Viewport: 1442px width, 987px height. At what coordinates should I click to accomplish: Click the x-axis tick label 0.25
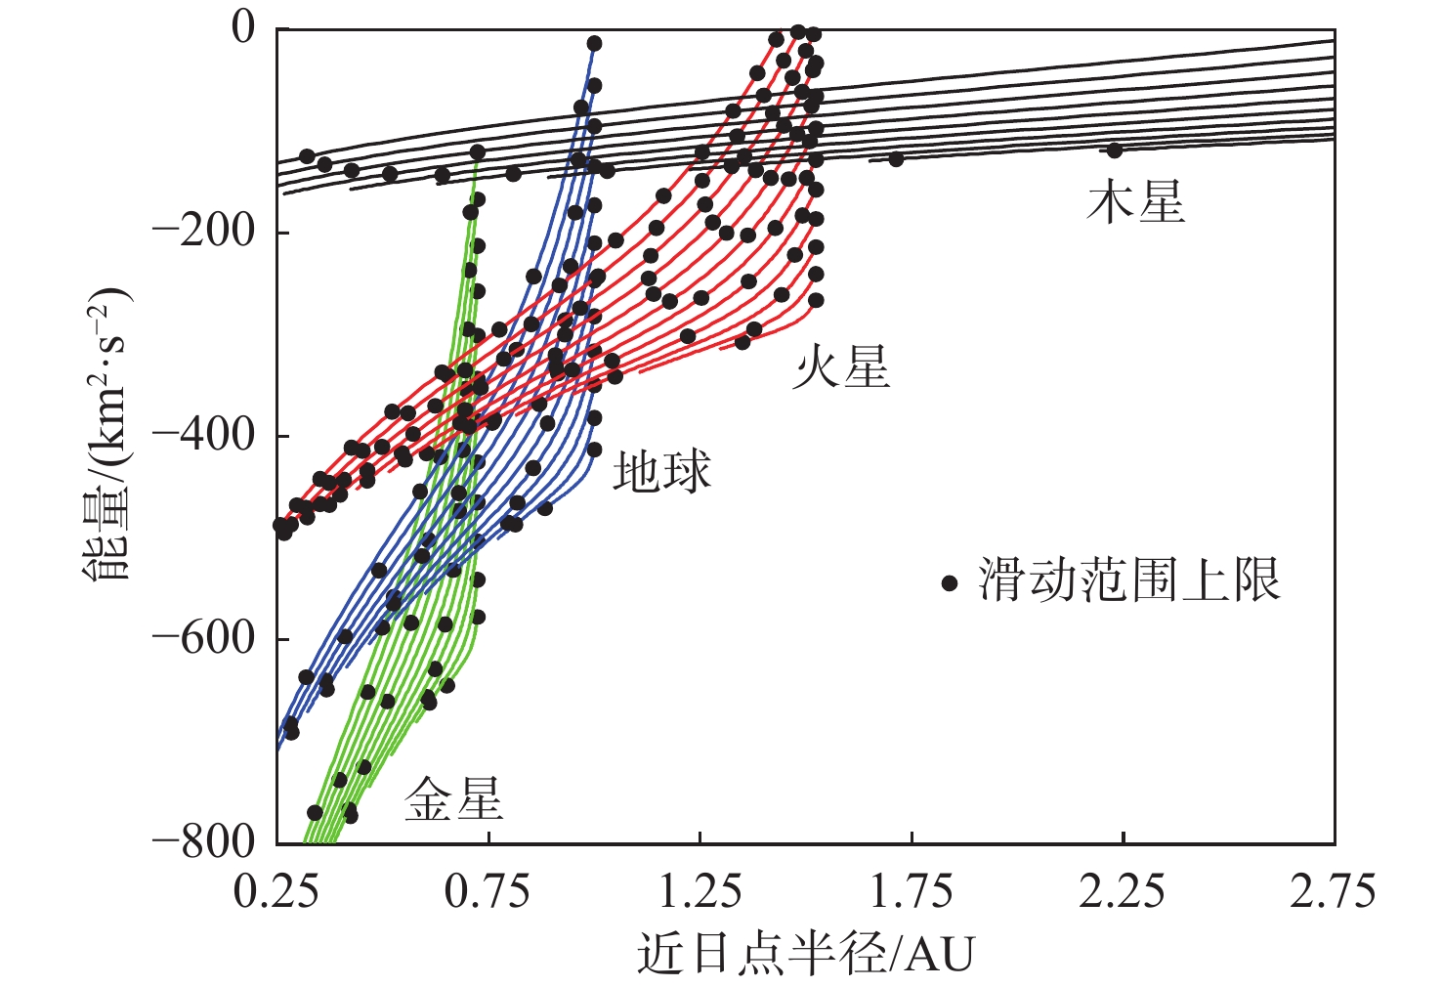pyautogui.click(x=276, y=892)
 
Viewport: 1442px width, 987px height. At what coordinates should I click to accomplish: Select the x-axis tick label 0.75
pyautogui.click(x=488, y=892)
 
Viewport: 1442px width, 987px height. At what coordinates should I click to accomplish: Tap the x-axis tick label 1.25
pyautogui.click(x=700, y=892)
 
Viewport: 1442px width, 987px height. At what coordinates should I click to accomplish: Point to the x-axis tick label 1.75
pyautogui.click(x=911, y=892)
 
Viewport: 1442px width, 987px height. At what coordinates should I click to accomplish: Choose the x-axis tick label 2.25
pyautogui.click(x=1122, y=892)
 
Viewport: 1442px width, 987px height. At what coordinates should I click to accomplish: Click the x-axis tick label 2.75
pyautogui.click(x=1333, y=892)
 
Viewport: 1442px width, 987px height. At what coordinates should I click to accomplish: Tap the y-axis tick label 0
pyautogui.click(x=243, y=28)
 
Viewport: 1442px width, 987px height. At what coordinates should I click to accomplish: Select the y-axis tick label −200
pyautogui.click(x=206, y=233)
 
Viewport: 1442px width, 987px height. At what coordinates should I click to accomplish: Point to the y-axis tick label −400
pyautogui.click(x=206, y=436)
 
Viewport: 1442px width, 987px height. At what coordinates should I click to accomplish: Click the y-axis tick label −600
pyautogui.click(x=206, y=639)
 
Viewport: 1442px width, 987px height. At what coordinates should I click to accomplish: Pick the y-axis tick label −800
pyautogui.click(x=206, y=842)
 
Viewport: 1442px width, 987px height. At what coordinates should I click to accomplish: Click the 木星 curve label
pyautogui.click(x=1135, y=203)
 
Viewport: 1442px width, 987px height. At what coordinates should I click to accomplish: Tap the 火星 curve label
pyautogui.click(x=841, y=368)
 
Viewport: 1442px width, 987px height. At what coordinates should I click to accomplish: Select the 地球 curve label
pyautogui.click(x=661, y=472)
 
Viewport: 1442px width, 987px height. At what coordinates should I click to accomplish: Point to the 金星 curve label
pyautogui.click(x=453, y=799)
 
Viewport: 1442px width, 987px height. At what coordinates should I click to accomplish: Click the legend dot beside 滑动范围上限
pyautogui.click(x=950, y=583)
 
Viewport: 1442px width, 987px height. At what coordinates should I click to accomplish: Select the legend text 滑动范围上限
pyautogui.click(x=1129, y=581)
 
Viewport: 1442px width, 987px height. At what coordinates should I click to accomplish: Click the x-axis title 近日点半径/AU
pyautogui.click(x=806, y=954)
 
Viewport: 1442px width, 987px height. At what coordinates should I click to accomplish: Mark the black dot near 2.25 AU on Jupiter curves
pyautogui.click(x=1114, y=150)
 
